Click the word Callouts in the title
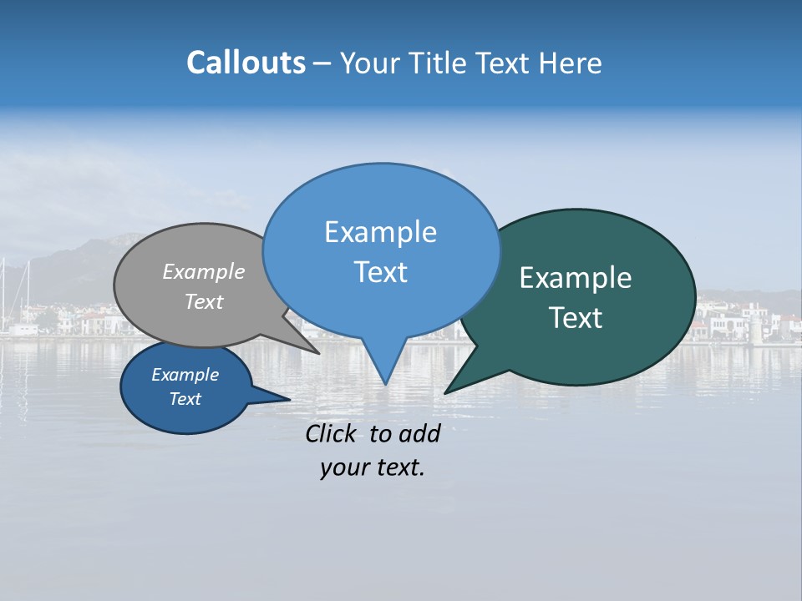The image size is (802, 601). point(246,63)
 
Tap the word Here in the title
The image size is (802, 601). point(571,63)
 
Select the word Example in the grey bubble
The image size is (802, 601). point(204,271)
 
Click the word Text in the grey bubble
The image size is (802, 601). point(204,301)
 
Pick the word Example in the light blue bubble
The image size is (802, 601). point(380,232)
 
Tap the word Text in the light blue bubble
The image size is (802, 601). point(380,272)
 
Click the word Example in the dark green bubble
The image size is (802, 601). point(576,278)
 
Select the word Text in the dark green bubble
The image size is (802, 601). point(576,318)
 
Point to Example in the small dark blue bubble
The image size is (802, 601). point(185,375)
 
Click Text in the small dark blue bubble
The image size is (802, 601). point(185,399)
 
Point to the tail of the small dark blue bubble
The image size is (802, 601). point(280,399)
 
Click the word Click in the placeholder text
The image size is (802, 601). point(333,433)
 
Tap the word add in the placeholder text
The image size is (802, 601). point(419,433)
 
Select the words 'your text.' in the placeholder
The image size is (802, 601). point(373,467)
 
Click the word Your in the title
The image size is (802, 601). point(370,63)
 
